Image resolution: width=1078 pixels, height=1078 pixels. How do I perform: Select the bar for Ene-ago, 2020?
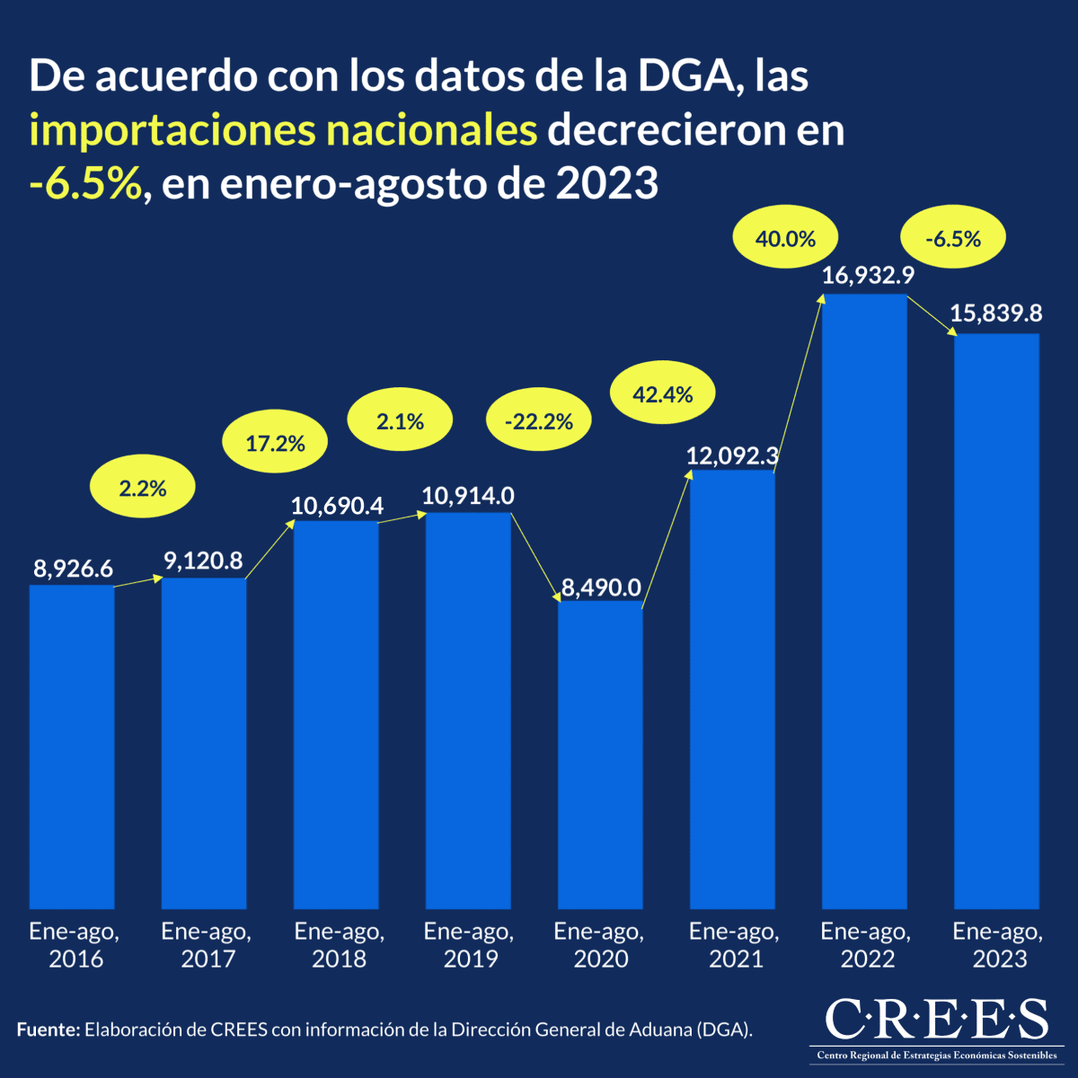(x=600, y=755)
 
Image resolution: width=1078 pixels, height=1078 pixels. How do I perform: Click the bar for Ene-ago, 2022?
(x=864, y=602)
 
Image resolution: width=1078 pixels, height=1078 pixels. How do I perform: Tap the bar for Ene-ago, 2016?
(x=72, y=746)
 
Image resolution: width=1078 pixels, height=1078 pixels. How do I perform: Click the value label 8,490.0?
(x=601, y=588)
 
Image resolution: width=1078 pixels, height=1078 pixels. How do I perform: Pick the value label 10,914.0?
(x=468, y=495)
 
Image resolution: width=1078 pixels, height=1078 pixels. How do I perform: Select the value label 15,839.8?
(x=996, y=314)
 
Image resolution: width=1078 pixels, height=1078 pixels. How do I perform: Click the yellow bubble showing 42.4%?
(x=663, y=393)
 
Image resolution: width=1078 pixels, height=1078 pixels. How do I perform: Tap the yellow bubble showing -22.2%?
(x=539, y=421)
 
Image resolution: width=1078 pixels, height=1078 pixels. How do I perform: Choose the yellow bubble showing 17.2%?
(x=276, y=442)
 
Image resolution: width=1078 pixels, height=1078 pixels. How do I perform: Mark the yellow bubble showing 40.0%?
(x=786, y=239)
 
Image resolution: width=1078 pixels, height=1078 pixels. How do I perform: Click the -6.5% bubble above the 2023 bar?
(x=953, y=239)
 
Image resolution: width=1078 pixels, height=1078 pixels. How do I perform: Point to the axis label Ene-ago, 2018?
(x=339, y=945)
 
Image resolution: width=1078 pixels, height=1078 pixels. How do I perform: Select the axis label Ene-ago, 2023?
(x=998, y=945)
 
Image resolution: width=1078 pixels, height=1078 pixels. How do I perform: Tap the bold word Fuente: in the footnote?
(x=49, y=1029)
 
